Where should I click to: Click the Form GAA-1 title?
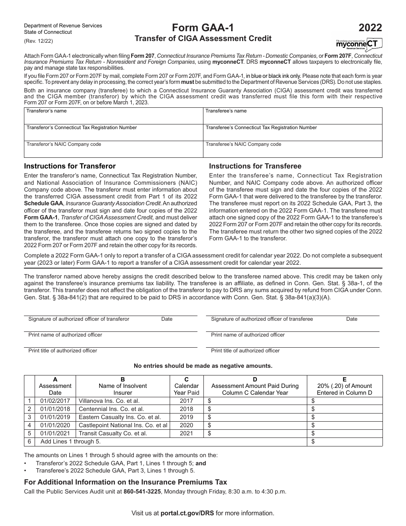[x=203, y=28]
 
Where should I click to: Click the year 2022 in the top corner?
[x=370, y=28]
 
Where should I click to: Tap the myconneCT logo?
[x=359, y=44]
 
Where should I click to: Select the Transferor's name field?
[x=113, y=115]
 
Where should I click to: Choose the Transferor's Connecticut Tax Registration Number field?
[x=113, y=133]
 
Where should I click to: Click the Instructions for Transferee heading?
[x=255, y=166]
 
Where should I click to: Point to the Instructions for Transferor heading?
[x=70, y=166]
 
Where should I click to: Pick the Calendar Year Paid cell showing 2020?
[x=186, y=425]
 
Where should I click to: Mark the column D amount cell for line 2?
[x=256, y=409]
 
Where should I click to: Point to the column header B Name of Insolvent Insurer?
[x=123, y=386]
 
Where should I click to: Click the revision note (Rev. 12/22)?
[x=38, y=41]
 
